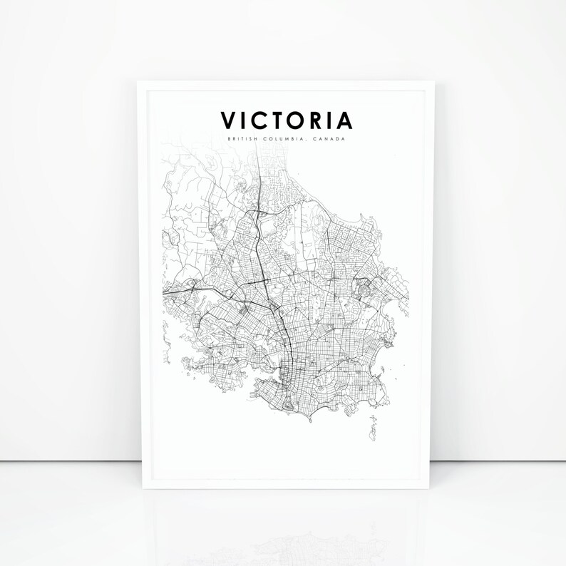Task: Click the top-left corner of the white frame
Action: (138, 81)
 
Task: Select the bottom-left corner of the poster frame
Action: (138, 490)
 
